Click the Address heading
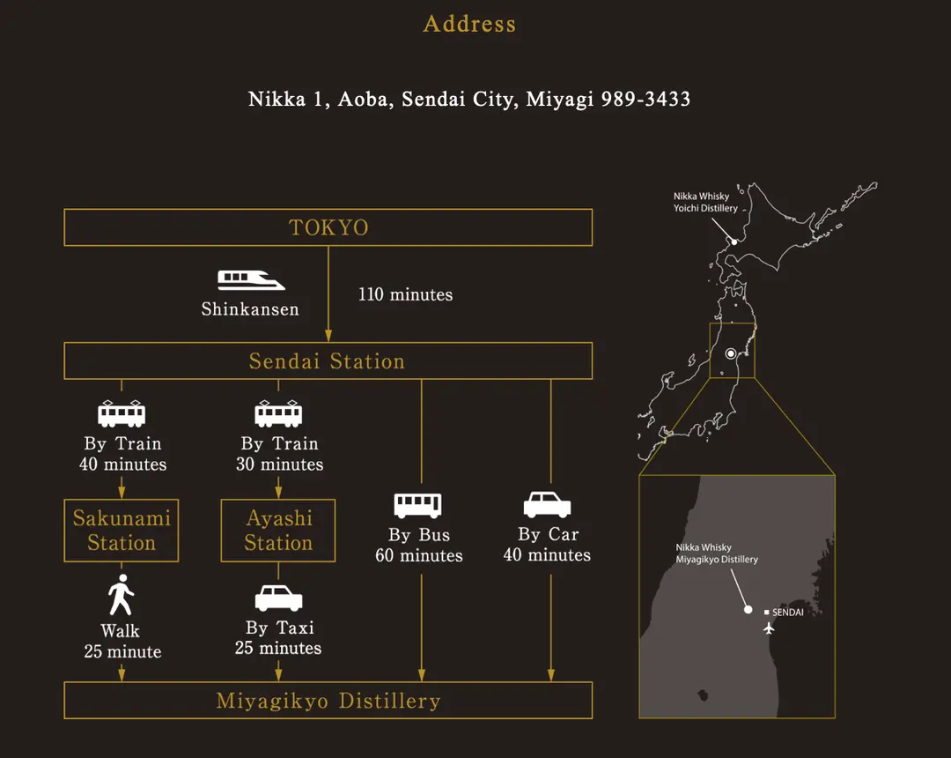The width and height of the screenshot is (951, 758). pos(469,25)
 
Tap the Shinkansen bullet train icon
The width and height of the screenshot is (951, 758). pos(250,279)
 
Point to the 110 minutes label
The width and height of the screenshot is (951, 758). pos(405,295)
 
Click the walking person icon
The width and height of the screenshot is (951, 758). pos(122,595)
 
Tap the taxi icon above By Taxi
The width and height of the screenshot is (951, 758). pos(278,598)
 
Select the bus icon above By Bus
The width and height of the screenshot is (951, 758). pos(418,506)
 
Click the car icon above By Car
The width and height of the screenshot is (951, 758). pos(547,505)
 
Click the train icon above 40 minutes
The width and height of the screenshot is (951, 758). pos(122,414)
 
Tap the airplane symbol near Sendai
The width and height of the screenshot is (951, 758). pos(769,628)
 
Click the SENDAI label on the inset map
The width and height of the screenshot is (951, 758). pos(787,613)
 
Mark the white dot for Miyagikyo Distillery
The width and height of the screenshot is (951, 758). pos(748,609)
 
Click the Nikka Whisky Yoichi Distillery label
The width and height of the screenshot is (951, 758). pos(705,202)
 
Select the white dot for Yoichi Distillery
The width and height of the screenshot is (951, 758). pos(734,242)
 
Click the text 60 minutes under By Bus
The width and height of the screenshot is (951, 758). pos(419,556)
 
